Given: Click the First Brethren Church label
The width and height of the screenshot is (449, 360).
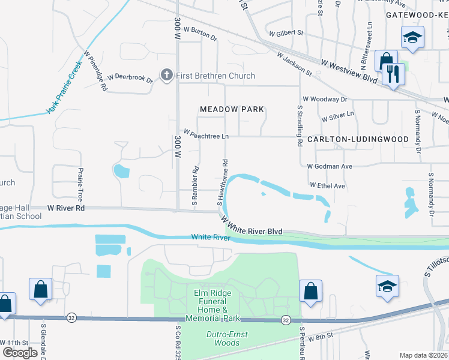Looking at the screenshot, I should coord(215,76).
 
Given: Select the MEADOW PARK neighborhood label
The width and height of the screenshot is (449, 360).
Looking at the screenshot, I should coord(232,109).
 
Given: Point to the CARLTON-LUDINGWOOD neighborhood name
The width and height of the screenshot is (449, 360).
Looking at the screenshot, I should coord(358,139).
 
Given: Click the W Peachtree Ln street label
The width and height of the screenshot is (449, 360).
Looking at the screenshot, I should coord(206,134).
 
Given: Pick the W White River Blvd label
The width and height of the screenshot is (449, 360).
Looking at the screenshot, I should coord(252,226).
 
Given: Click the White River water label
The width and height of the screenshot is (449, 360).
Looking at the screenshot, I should coord(211,238).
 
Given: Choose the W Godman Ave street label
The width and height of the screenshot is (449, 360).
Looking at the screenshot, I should coord(329,166).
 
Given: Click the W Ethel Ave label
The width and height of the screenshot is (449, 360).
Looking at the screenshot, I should coord(327,186).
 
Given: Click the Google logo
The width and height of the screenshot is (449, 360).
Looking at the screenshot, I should coord(20,353).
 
